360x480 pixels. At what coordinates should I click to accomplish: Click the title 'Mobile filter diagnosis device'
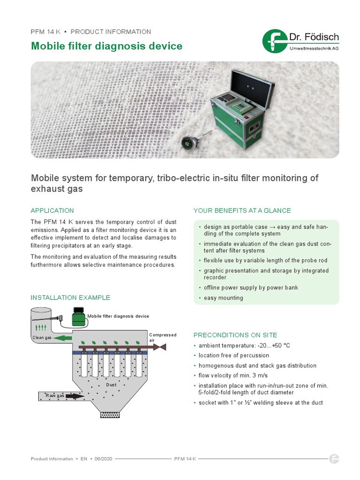pyautogui.click(x=106, y=46)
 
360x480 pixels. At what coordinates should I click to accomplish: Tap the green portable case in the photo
pyautogui.click(x=237, y=113)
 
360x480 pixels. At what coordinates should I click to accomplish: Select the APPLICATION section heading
pyautogui.click(x=52, y=210)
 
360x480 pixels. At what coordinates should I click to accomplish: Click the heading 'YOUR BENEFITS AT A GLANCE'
pyautogui.click(x=242, y=210)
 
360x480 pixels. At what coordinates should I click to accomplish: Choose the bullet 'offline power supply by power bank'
pyautogui.click(x=251, y=287)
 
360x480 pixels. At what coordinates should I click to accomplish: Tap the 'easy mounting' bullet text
pyautogui.click(x=223, y=298)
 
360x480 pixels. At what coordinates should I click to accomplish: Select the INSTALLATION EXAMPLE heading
pyautogui.click(x=70, y=297)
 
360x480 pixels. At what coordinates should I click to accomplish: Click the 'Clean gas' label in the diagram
pyautogui.click(x=42, y=337)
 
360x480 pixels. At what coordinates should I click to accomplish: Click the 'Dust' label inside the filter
pyautogui.click(x=111, y=384)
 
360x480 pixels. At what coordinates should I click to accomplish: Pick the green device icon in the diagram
pyautogui.click(x=79, y=316)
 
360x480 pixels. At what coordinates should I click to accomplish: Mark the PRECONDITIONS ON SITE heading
pyautogui.click(x=235, y=335)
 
